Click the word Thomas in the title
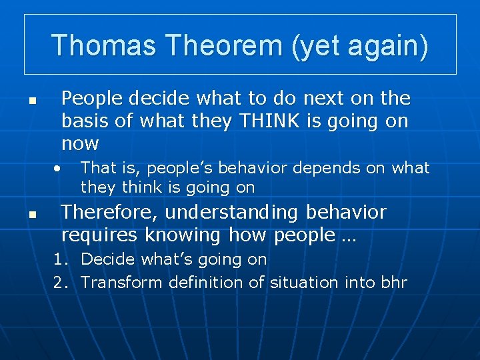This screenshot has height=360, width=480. (x=104, y=45)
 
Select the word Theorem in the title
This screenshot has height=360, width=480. (x=225, y=45)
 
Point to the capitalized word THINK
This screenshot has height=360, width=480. (x=270, y=120)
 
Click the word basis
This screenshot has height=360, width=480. (x=85, y=120)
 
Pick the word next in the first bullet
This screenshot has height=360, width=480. (x=323, y=98)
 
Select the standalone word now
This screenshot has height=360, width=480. (x=80, y=143)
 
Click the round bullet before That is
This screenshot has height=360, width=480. (x=57, y=169)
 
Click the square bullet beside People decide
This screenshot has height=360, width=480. (x=33, y=101)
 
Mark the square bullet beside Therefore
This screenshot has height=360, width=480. (x=33, y=215)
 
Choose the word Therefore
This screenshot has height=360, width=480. (x=109, y=212)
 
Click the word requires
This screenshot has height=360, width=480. (x=99, y=236)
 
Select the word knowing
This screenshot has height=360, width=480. (x=183, y=235)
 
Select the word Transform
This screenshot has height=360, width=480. (x=121, y=282)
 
